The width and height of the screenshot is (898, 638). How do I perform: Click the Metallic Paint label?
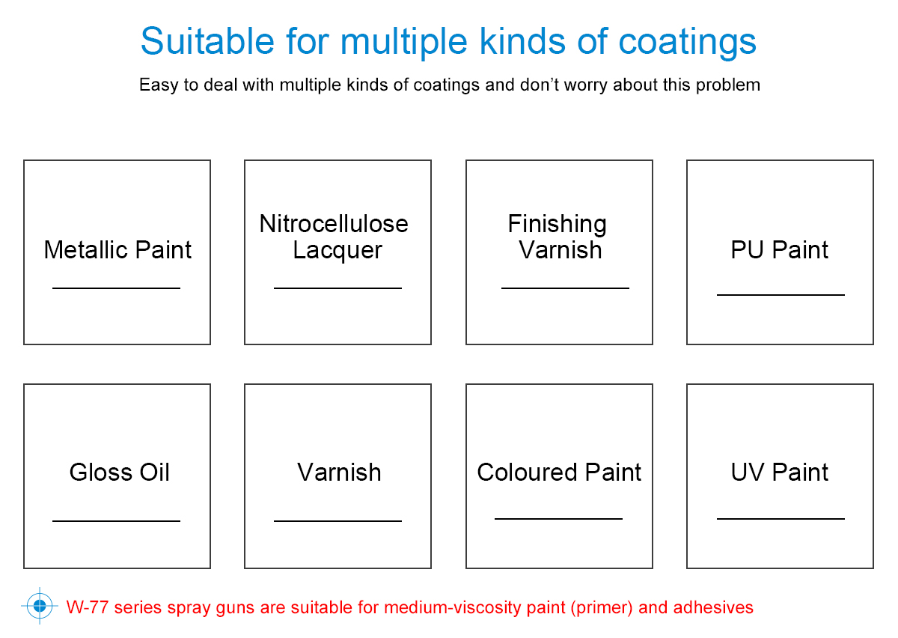(117, 250)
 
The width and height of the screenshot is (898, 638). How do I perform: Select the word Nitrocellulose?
(334, 223)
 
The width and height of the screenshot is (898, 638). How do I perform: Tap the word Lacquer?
(337, 251)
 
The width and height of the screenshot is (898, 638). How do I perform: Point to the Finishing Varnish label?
(558, 237)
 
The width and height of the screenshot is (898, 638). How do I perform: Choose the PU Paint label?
(779, 250)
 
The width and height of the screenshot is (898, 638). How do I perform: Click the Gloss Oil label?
(119, 472)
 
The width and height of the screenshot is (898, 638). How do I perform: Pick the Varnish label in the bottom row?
(339, 473)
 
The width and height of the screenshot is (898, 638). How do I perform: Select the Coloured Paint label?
(559, 472)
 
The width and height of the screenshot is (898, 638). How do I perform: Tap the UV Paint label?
(779, 472)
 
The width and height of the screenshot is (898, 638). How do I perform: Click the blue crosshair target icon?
(40, 606)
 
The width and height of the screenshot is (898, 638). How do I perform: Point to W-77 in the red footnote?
(87, 607)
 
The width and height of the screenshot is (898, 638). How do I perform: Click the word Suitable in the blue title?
(207, 41)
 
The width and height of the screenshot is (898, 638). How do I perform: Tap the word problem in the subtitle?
(728, 85)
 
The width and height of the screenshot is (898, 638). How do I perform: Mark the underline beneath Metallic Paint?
(116, 288)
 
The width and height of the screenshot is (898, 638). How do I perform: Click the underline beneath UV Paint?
(781, 519)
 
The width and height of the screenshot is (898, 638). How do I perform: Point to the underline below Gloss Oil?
(116, 521)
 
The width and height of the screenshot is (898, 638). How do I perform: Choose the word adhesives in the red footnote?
(713, 607)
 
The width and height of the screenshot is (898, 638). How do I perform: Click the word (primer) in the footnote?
(602, 608)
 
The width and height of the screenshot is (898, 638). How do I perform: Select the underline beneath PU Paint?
(781, 295)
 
